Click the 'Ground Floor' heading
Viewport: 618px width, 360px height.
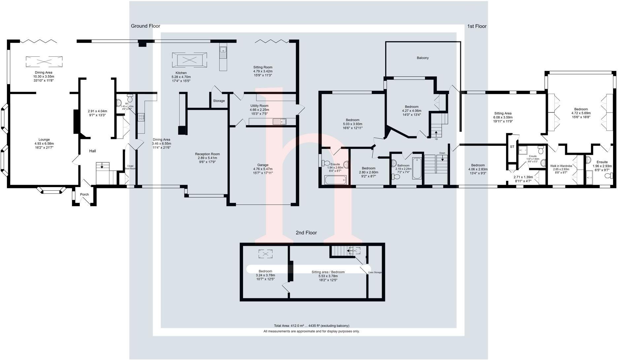146,26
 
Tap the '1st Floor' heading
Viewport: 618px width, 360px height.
477,26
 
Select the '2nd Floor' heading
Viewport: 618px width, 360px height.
306,233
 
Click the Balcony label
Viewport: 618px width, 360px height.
423,58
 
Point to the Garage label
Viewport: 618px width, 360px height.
263,165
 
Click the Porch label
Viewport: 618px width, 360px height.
85,194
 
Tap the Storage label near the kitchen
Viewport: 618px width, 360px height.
219,101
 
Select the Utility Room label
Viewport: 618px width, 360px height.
259,106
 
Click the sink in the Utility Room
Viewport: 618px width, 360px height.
279,122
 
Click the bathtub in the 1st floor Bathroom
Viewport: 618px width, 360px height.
417,169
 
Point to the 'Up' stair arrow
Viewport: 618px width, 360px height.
436,134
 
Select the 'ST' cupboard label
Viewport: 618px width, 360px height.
512,147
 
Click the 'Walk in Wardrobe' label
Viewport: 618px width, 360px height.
561,166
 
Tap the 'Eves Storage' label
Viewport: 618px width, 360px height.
375,272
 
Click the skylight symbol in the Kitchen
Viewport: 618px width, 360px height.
189,60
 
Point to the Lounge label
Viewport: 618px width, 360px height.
44,140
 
